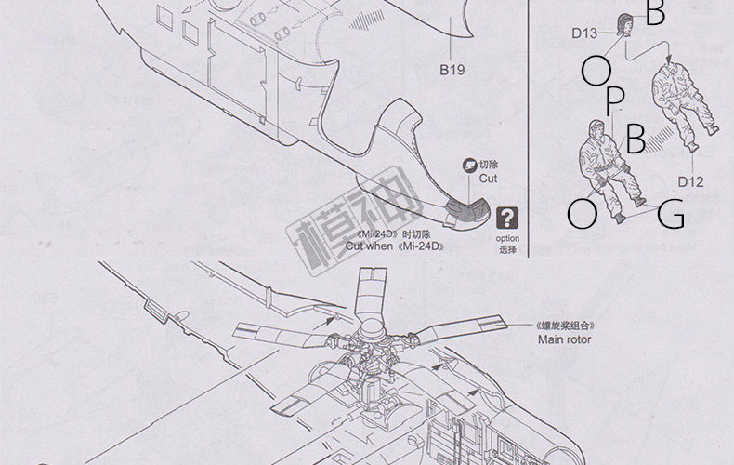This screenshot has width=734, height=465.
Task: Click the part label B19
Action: [x=452, y=70]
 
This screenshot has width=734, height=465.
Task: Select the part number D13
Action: [x=583, y=33]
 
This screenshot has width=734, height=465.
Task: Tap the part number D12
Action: [x=689, y=182]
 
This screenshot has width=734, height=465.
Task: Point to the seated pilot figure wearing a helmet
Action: [x=609, y=163]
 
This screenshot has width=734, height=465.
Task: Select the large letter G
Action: [x=671, y=215]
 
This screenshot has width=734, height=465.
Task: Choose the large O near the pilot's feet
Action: [x=583, y=214]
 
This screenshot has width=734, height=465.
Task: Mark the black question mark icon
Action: [x=507, y=218]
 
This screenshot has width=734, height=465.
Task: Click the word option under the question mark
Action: [x=507, y=239]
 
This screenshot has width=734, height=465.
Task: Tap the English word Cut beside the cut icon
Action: [x=489, y=178]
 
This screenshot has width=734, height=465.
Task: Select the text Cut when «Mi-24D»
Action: [x=395, y=246]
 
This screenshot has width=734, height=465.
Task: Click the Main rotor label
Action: [x=564, y=339]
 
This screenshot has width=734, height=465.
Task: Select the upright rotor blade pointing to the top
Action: [x=369, y=293]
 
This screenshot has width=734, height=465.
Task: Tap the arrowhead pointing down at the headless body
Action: [x=668, y=60]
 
